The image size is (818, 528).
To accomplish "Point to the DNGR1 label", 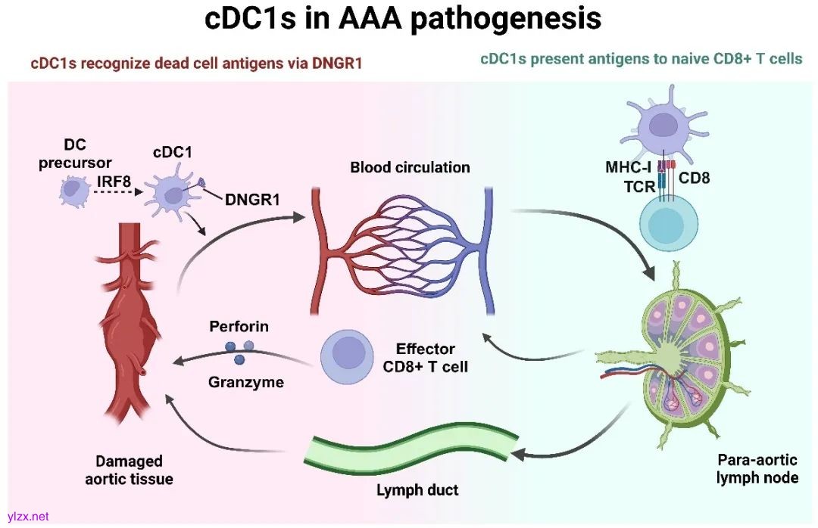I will coord(252,200).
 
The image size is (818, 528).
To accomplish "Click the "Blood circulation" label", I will coord(410,167).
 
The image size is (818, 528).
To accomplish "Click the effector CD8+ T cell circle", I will coord(350,356).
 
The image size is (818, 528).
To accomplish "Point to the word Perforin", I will coord(239,328).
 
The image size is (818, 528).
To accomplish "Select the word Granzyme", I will coord(246,382).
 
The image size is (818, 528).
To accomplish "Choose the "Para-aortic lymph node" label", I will coord(757,468).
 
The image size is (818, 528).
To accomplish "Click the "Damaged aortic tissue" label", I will coord(129,470).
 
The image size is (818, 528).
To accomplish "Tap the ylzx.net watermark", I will coord(27,517).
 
